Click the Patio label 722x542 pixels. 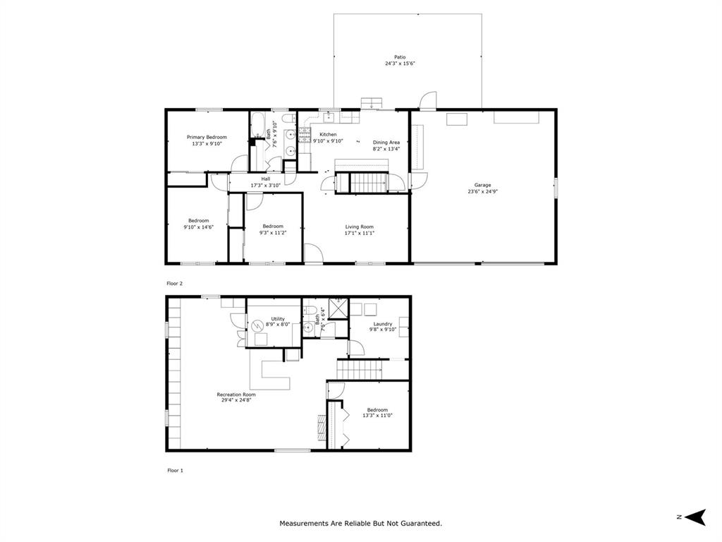(x=400, y=57)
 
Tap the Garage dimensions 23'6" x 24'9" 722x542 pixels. (x=482, y=191)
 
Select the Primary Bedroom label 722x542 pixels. (x=207, y=138)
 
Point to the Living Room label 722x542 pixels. (x=359, y=227)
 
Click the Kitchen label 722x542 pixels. (x=329, y=135)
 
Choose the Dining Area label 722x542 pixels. (x=386, y=143)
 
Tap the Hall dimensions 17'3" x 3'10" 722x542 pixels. (x=266, y=186)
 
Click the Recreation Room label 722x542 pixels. (x=236, y=395)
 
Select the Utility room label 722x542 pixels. (x=278, y=319)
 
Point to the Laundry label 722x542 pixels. (x=383, y=324)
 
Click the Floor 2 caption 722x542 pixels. (x=175, y=284)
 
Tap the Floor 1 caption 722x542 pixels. (x=175, y=471)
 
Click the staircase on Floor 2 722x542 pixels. (x=368, y=183)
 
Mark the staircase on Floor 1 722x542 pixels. (x=360, y=370)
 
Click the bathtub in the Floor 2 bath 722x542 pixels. (x=257, y=124)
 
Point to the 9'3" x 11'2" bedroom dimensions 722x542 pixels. (x=273, y=233)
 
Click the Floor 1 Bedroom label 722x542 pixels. (x=377, y=410)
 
